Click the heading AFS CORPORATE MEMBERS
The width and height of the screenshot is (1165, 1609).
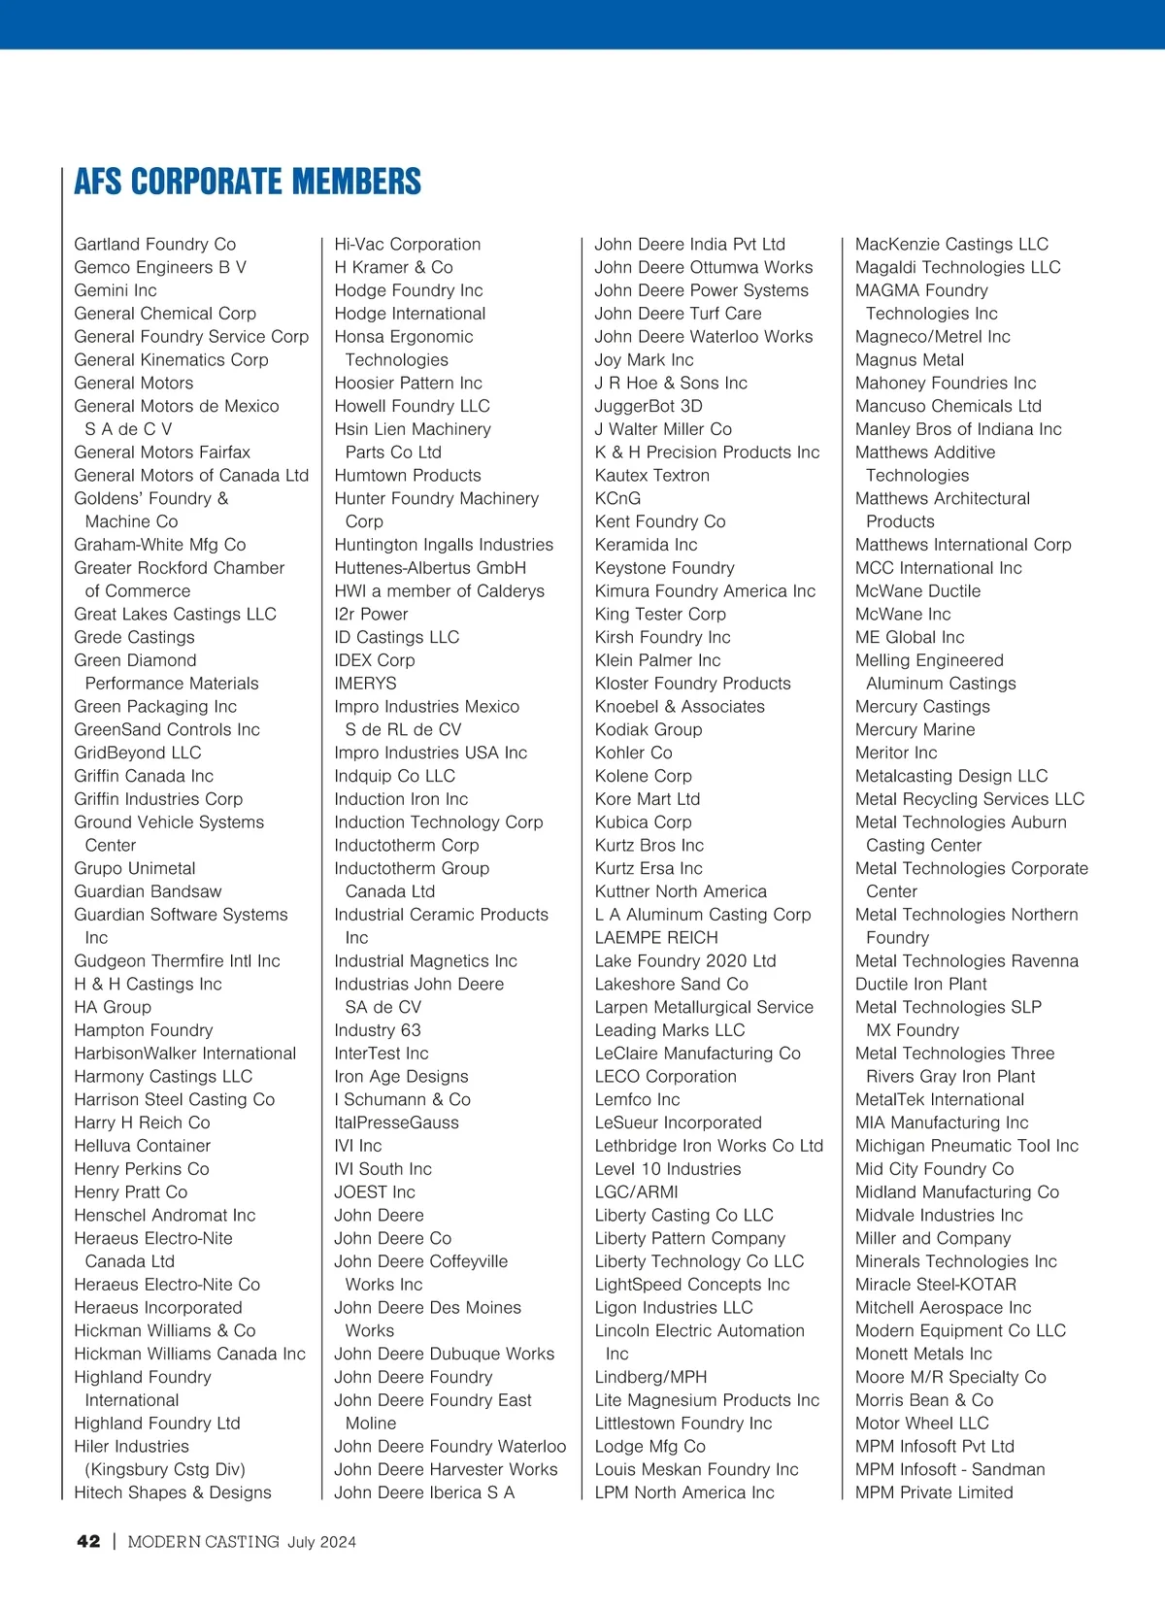[248, 182]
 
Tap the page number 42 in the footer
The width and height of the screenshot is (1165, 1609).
[88, 1541]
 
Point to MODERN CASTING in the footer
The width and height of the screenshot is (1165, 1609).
[203, 1541]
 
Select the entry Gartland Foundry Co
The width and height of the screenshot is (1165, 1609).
[155, 244]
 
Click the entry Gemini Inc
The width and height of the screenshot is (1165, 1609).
[116, 290]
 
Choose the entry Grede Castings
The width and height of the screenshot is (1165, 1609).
[134, 637]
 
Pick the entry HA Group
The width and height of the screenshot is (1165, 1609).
[113, 1007]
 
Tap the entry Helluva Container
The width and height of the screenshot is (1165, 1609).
[142, 1146]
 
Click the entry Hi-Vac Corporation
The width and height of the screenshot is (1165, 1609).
[408, 244]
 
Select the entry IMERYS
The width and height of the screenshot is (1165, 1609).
[365, 684]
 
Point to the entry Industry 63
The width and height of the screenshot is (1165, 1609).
[378, 1030]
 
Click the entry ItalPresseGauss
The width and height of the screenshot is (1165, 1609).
[396, 1123]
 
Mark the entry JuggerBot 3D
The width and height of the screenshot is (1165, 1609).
[649, 406]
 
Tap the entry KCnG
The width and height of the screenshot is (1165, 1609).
[617, 498]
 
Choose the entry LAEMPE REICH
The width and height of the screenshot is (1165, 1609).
[656, 938]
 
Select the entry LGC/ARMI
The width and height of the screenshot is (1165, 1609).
[636, 1192]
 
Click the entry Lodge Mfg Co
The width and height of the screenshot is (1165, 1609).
[650, 1447]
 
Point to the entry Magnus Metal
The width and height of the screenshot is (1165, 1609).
[910, 359]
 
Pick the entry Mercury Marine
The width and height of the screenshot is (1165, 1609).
[915, 729]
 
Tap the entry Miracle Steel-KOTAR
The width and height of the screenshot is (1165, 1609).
[936, 1285]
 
